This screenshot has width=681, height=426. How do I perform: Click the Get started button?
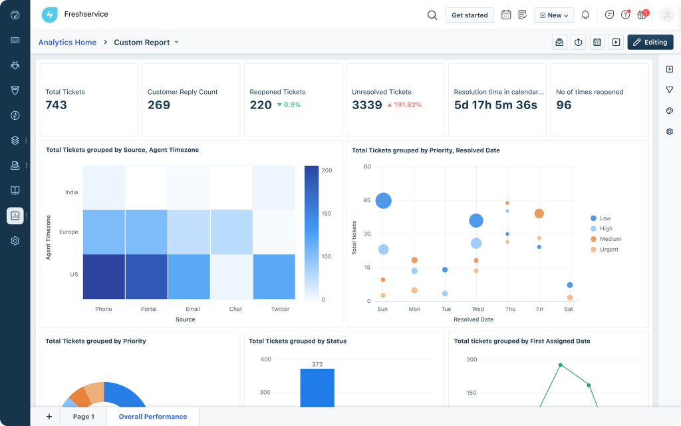pyautogui.click(x=470, y=15)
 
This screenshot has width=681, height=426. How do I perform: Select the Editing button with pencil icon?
pyautogui.click(x=650, y=42)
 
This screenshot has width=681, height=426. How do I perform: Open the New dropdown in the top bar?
pyautogui.click(x=554, y=15)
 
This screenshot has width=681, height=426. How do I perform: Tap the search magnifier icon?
pyautogui.click(x=432, y=15)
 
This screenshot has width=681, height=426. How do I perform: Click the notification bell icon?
pyautogui.click(x=585, y=15)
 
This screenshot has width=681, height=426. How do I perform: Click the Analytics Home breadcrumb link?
pyautogui.click(x=67, y=42)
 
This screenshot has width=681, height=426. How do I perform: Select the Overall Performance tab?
pyautogui.click(x=153, y=417)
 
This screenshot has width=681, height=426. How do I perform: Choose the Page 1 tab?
pyautogui.click(x=84, y=417)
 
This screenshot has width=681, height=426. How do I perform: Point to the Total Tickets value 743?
pyautogui.click(x=57, y=105)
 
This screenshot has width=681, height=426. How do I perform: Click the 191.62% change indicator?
pyautogui.click(x=404, y=105)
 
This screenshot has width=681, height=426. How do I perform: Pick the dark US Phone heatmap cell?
pyautogui.click(x=104, y=277)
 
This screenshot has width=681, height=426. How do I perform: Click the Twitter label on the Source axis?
pyautogui.click(x=280, y=309)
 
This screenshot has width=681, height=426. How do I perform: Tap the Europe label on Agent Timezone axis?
pyautogui.click(x=68, y=232)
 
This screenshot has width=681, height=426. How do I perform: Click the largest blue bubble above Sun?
pyautogui.click(x=383, y=200)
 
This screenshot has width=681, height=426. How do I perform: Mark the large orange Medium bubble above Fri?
pyautogui.click(x=539, y=214)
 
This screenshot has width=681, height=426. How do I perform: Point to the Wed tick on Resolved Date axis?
pyautogui.click(x=477, y=310)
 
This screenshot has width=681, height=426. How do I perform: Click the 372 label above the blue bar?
pyautogui.click(x=317, y=364)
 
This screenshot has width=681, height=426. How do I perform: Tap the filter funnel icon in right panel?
pyautogui.click(x=670, y=90)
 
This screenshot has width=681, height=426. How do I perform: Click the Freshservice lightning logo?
pyautogui.click(x=50, y=15)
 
